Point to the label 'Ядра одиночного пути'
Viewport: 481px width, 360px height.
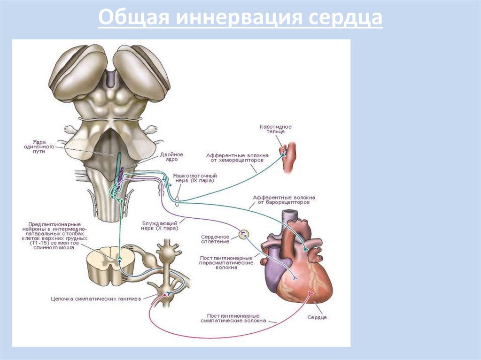(46, 146)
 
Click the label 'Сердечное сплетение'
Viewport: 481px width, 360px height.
(215, 239)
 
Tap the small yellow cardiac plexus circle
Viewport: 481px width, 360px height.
(243, 234)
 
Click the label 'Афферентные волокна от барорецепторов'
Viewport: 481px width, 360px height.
(284, 200)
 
